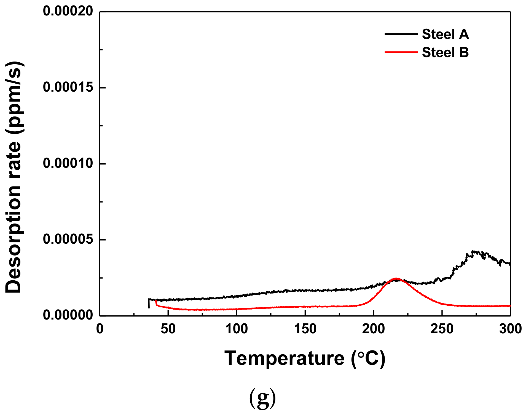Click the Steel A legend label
445,34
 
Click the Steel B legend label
445,52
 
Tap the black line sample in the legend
401,34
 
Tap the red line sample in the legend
401,52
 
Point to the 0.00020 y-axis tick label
68,12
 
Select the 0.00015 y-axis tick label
68,87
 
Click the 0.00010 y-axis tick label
68,163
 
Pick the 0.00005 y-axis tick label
68,239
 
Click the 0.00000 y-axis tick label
68,315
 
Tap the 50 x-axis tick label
168,329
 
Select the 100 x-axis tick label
237,329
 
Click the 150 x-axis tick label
305,329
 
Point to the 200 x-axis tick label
373,329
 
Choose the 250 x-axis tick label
442,329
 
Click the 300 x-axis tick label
510,329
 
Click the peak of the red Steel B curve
396,279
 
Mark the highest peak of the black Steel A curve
473,251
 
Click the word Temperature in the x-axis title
284,358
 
